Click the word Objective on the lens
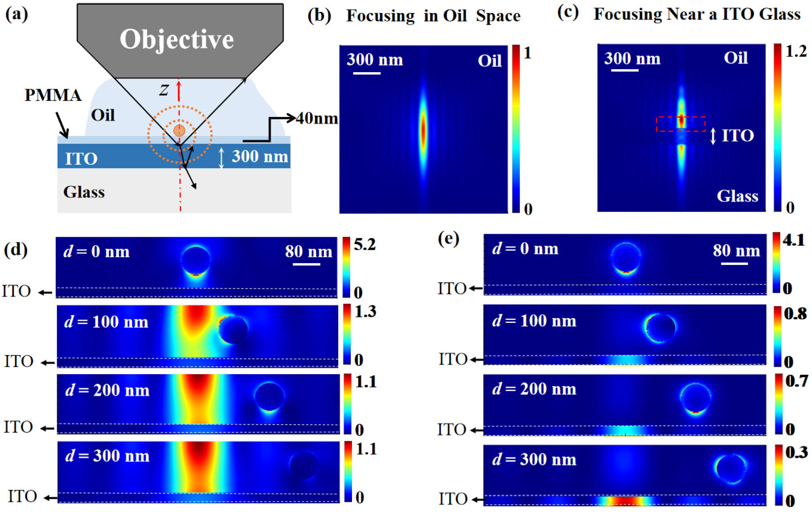177,40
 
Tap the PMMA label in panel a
53,95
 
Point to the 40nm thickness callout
317,119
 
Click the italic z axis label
164,90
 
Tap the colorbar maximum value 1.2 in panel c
796,51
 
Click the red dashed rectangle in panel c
681,124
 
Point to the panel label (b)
319,16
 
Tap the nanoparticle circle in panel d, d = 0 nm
196,261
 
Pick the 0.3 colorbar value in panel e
796,452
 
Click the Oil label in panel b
489,61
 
